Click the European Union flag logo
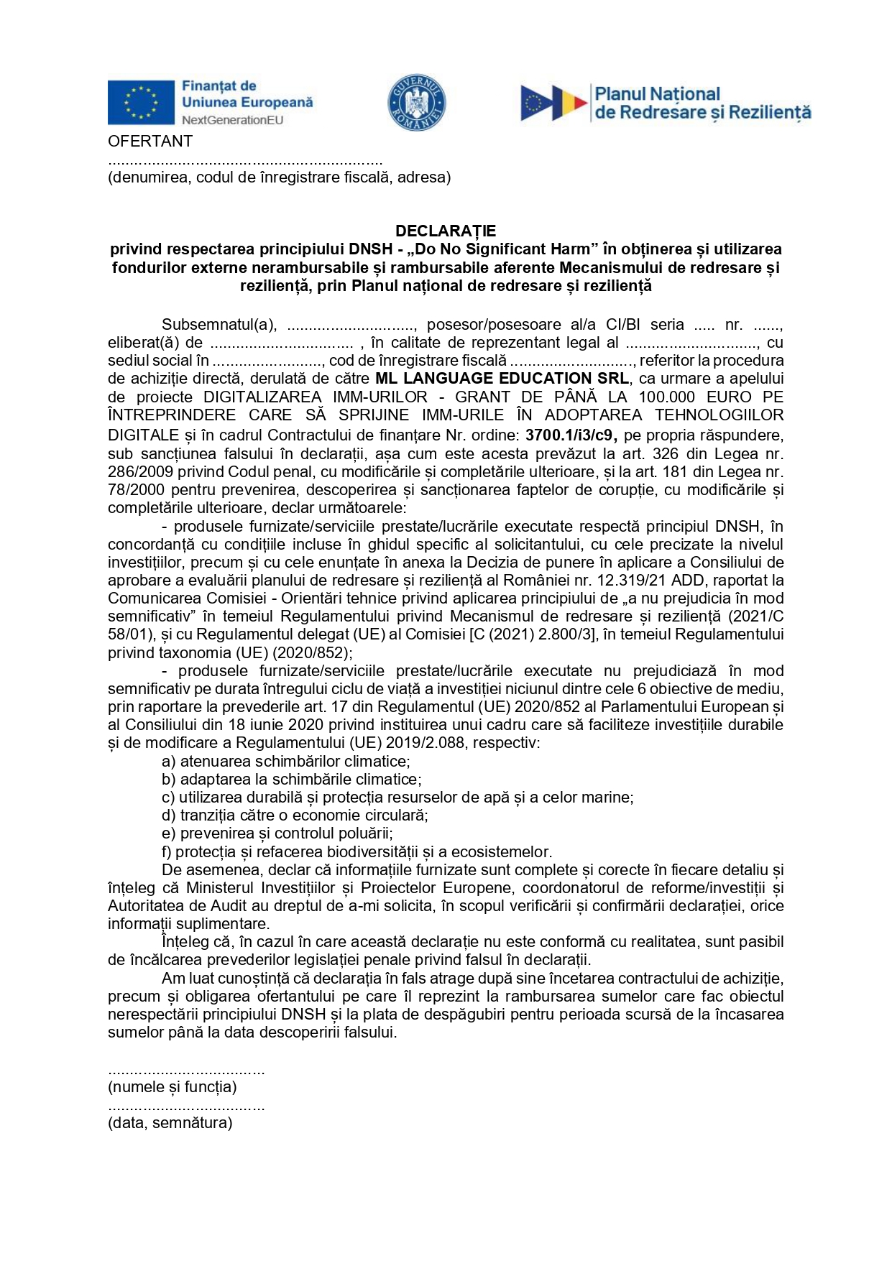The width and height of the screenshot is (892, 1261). click(x=141, y=102)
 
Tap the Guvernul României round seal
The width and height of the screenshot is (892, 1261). click(x=417, y=102)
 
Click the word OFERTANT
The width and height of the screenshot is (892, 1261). click(x=150, y=142)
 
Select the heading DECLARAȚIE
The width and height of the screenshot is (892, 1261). click(x=446, y=231)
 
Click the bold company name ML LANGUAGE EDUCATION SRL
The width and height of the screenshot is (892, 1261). click(x=502, y=379)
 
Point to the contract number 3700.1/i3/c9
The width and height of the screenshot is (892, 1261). click(x=571, y=435)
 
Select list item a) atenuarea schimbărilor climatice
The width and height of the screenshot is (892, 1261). click(x=286, y=762)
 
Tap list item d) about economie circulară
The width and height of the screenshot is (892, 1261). click(x=295, y=816)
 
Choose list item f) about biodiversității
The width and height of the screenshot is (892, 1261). click(x=357, y=852)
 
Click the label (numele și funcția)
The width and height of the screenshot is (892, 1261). click(x=173, y=1087)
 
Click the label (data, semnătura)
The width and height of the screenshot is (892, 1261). click(x=170, y=1123)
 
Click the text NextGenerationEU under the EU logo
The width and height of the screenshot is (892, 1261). click(x=232, y=120)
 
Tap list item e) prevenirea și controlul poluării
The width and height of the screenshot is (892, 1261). click(x=277, y=833)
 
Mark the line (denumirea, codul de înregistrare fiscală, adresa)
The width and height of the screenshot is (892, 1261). click(x=280, y=177)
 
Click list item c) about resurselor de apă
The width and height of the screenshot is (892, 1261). click(x=397, y=798)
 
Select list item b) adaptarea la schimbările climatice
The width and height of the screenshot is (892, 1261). click(x=292, y=780)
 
